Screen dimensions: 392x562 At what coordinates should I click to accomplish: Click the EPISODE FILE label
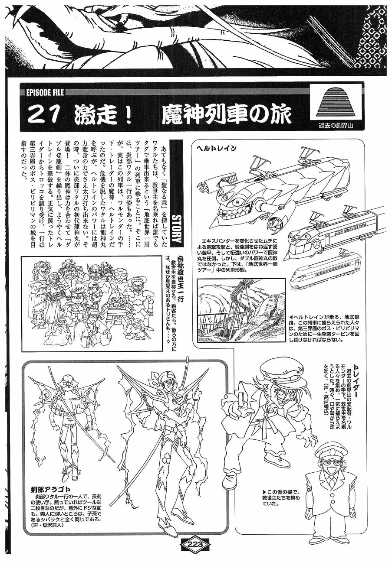45,93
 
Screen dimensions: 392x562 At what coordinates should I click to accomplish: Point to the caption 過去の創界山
336,125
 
